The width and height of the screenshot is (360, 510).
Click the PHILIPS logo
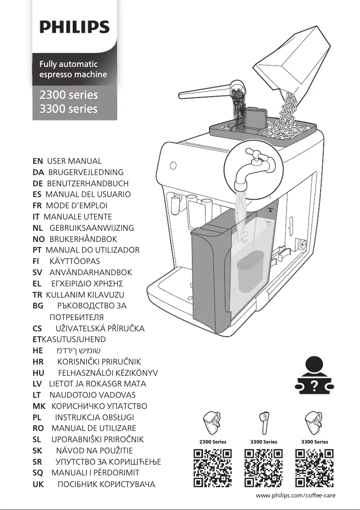pos(75,27)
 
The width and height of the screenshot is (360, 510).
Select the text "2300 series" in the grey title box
pos(68,95)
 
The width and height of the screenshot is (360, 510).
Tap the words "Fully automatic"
pos(68,64)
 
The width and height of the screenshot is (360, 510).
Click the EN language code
pos(38,161)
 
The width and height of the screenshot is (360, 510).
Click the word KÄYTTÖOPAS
pos(75,261)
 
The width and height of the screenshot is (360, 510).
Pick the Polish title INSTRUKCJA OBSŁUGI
pos(94,417)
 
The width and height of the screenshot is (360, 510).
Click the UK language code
pos(38,484)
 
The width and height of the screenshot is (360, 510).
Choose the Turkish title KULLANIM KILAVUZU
pos(85,295)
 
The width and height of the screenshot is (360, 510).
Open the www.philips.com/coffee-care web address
pos(295,496)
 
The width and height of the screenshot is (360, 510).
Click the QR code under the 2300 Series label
pos(212,468)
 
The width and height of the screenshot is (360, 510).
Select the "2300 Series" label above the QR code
pos(212,442)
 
